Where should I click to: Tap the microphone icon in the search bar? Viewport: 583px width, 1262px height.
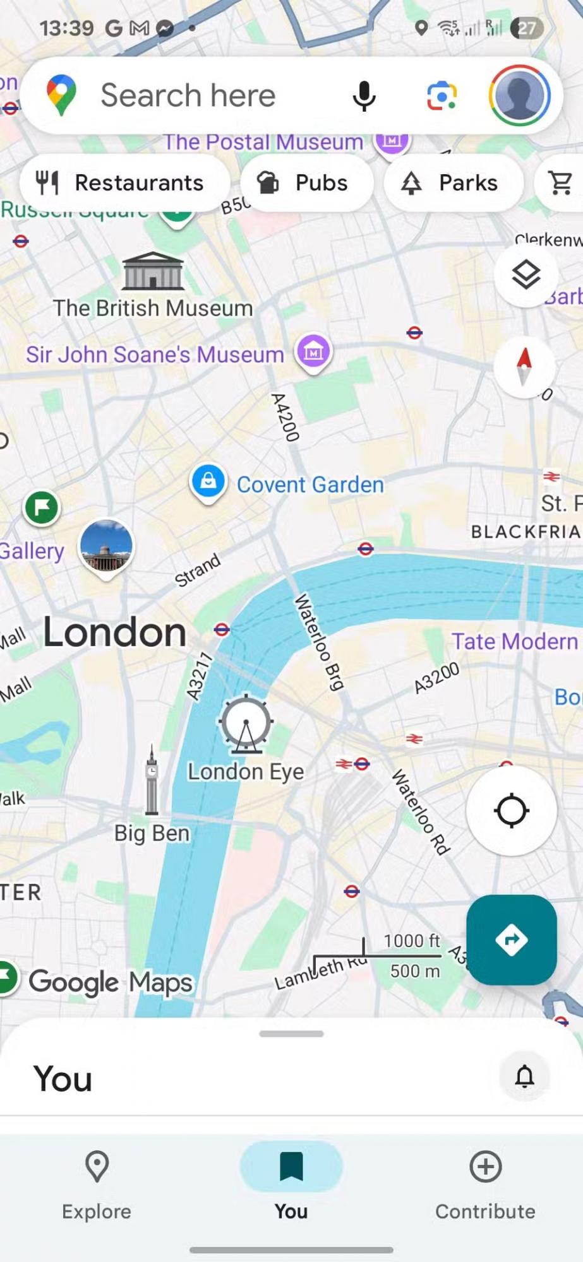click(364, 96)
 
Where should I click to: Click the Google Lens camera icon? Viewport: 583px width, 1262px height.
click(442, 96)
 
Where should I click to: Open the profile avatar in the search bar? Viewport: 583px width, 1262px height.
click(519, 95)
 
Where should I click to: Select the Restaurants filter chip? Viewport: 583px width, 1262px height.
click(124, 183)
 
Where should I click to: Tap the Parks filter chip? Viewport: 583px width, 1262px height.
click(453, 183)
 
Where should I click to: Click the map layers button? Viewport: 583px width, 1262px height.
click(526, 274)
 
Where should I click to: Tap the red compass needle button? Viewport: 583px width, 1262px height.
click(524, 367)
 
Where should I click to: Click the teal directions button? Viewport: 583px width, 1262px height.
click(511, 940)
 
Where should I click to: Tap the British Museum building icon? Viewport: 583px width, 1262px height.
click(153, 271)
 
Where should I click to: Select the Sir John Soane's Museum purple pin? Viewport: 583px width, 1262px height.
click(313, 351)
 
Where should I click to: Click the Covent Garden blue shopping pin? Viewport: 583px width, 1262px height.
click(208, 483)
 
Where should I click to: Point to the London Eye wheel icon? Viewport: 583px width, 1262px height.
click(246, 724)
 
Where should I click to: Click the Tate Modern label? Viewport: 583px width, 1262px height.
click(514, 641)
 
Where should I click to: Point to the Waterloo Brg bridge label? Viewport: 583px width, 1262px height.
click(320, 642)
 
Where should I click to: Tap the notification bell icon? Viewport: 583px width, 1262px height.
click(524, 1076)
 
